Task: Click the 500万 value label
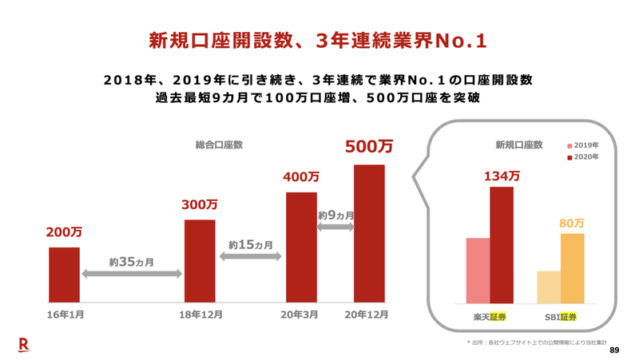click(x=369, y=148)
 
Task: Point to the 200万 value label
click(x=64, y=232)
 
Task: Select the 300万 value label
click(x=200, y=204)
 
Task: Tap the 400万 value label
click(x=301, y=176)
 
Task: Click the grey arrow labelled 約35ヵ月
click(x=132, y=274)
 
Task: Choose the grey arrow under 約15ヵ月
click(x=250, y=256)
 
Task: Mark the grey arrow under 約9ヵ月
click(x=335, y=227)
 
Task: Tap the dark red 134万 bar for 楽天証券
click(x=502, y=245)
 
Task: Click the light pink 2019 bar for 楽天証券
click(x=478, y=271)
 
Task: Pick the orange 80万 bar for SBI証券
click(x=572, y=268)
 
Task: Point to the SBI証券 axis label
click(x=559, y=317)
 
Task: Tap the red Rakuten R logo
click(x=24, y=344)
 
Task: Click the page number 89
click(x=613, y=350)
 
